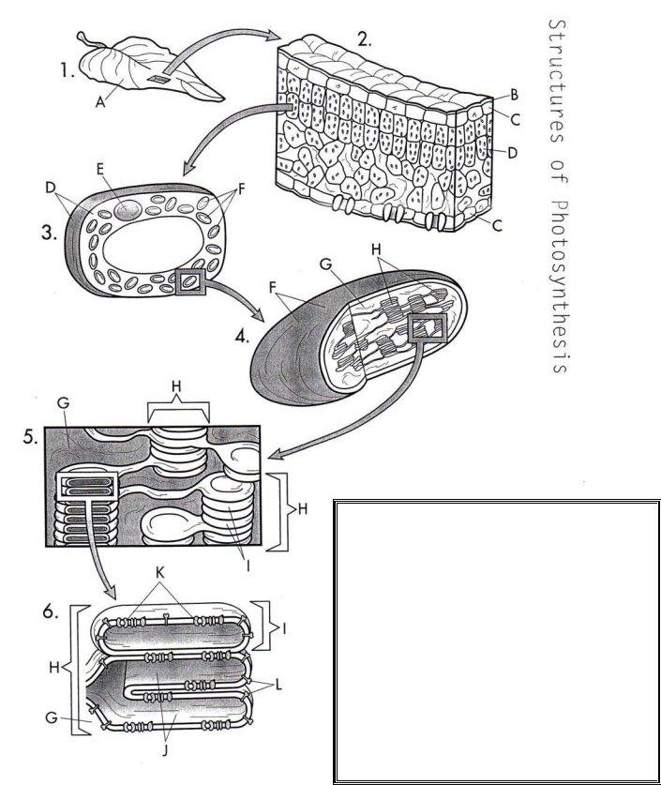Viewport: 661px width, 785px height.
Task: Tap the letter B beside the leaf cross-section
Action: pyautogui.click(x=515, y=96)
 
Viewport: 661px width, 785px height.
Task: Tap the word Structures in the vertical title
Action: pyautogui.click(x=560, y=90)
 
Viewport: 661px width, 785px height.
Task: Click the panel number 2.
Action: pyautogui.click(x=365, y=41)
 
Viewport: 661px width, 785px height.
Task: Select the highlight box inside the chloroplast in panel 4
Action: pyautogui.click(x=427, y=326)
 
